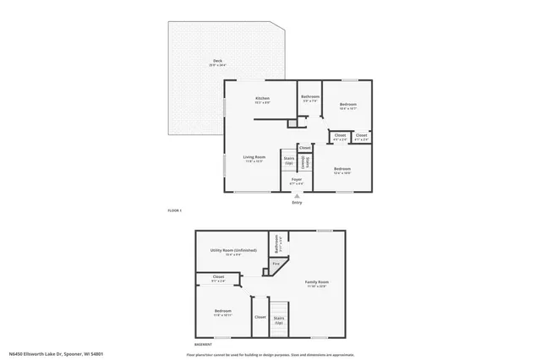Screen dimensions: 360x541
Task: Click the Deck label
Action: [217, 62]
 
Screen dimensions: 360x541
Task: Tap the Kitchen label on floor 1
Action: [262, 99]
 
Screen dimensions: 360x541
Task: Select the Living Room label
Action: [254, 157]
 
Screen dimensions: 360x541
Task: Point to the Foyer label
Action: [297, 180]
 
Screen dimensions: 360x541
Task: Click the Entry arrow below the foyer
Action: [297, 196]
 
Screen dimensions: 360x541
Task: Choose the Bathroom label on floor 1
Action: [310, 96]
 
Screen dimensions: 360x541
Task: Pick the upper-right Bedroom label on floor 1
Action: [347, 106]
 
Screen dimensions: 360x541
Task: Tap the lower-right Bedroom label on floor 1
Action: [342, 169]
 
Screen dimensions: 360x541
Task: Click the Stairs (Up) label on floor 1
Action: [289, 160]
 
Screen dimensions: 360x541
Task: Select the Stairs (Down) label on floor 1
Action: [308, 161]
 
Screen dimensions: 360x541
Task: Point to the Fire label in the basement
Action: [276, 267]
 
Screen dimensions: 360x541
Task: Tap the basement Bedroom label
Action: [222, 312]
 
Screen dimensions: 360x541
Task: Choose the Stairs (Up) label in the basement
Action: [279, 319]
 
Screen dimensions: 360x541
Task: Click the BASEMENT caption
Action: [203, 346]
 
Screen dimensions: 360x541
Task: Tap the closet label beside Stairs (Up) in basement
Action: [260, 318]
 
